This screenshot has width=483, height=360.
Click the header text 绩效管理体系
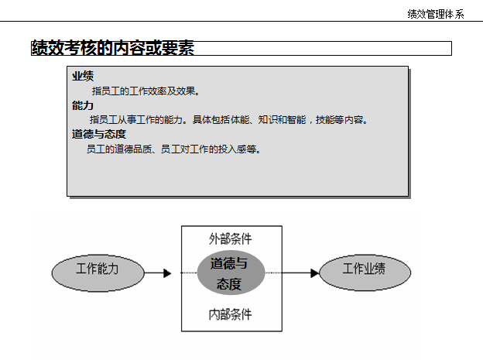click(435, 14)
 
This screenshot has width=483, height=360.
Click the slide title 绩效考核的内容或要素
click(112, 48)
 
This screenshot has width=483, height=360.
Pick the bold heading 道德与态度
click(99, 133)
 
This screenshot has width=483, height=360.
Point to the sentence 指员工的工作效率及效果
click(146, 91)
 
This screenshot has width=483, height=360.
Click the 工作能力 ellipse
click(98, 273)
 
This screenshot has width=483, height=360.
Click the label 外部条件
click(230, 238)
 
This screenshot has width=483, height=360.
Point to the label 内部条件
click(230, 314)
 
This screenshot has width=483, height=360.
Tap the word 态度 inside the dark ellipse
click(229, 284)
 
